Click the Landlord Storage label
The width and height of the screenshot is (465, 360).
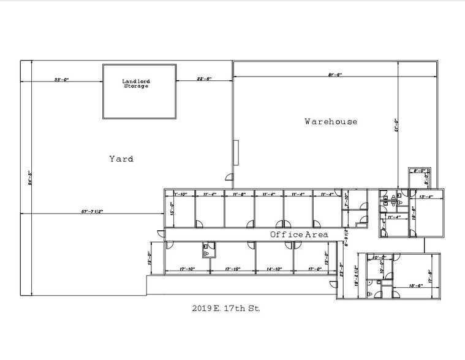[135, 83]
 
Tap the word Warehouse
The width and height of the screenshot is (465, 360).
[331, 121]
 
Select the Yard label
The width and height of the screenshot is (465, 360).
[121, 159]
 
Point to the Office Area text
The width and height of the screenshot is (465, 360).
[299, 234]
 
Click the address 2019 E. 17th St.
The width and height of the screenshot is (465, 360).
[226, 309]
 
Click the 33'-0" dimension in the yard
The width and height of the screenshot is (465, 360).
[61, 80]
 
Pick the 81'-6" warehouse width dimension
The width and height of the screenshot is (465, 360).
[334, 75]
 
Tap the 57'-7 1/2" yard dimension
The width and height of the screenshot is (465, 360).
[92, 212]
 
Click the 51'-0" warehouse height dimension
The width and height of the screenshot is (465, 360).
[397, 126]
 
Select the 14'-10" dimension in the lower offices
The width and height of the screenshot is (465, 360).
[274, 269]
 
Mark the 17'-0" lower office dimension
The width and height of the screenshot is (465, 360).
[316, 269]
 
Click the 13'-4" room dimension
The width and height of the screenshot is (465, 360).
[426, 197]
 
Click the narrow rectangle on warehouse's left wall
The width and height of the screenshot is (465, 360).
[236, 152]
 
